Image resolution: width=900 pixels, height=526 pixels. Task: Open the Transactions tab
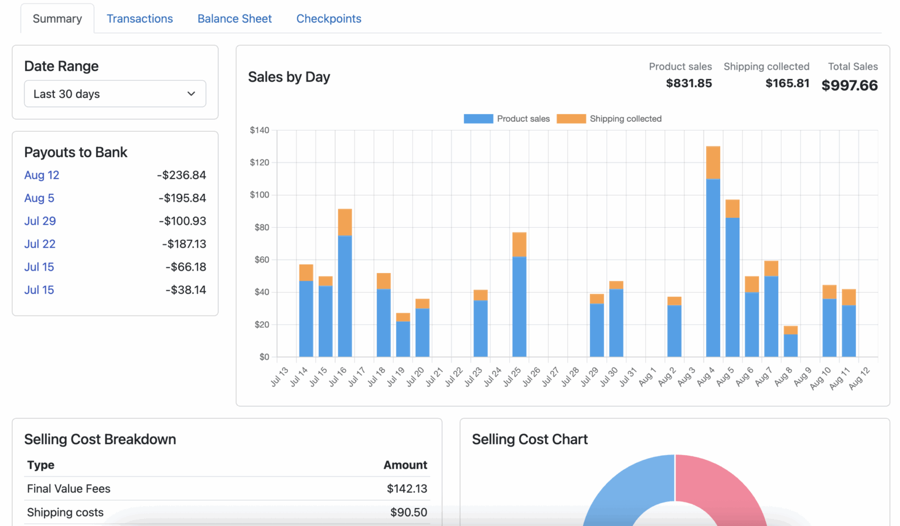click(x=139, y=19)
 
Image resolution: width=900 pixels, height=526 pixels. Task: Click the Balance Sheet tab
click(x=234, y=19)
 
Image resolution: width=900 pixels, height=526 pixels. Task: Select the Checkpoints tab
click(x=329, y=19)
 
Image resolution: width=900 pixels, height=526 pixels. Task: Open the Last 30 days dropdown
click(x=115, y=94)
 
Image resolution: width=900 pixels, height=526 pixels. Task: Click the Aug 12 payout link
click(x=42, y=175)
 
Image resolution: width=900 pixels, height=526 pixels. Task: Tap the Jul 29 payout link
click(x=40, y=221)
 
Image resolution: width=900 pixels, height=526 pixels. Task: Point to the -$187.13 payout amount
click(x=184, y=244)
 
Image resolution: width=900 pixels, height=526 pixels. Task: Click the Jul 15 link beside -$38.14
click(x=39, y=290)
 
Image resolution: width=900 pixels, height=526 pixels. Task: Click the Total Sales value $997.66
click(x=849, y=86)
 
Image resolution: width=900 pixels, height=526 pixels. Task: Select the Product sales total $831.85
click(x=688, y=83)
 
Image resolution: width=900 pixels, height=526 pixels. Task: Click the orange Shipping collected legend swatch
click(x=571, y=119)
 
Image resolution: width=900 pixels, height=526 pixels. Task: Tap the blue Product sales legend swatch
click(x=478, y=119)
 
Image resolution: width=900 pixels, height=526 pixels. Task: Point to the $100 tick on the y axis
click(x=260, y=194)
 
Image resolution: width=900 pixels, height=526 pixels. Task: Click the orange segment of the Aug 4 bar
click(x=713, y=163)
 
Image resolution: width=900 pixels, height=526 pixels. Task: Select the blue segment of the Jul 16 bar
click(x=345, y=296)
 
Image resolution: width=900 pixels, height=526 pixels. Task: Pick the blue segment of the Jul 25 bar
click(x=519, y=306)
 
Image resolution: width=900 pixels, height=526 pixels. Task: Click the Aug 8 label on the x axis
click(x=783, y=376)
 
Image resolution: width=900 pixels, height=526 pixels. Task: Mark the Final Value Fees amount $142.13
click(x=407, y=489)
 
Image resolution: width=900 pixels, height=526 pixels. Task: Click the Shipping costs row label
click(x=65, y=513)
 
